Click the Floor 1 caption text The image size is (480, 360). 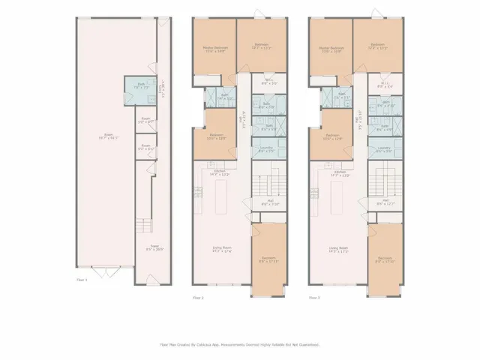tap(82, 280)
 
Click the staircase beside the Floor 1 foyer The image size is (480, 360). tap(142, 226)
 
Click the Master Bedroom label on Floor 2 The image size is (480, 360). tap(215, 49)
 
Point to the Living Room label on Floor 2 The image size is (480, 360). tap(220, 249)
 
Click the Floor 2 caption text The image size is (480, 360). tap(198, 298)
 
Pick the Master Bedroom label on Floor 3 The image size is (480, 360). tap(331, 49)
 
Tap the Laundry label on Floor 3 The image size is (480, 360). tap(384, 149)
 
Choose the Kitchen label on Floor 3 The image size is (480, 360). tap(340, 172)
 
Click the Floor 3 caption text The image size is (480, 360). tap(315, 298)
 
